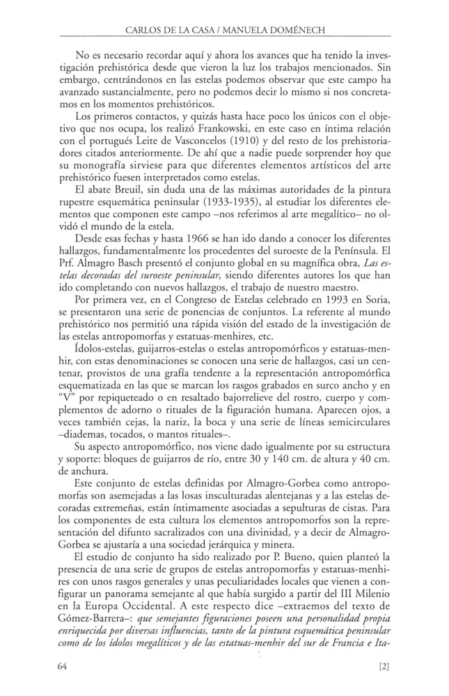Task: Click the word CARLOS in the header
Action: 145,31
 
